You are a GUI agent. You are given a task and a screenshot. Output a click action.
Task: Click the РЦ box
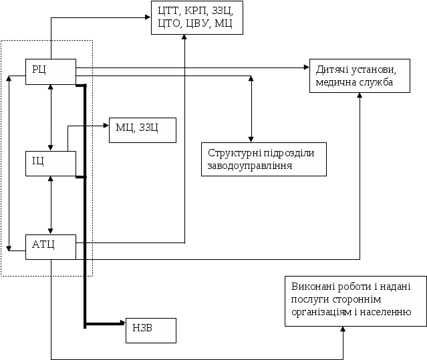[x=50, y=71]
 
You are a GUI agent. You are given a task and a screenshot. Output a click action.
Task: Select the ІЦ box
[x=50, y=164]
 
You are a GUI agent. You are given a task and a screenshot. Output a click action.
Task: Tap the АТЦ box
[x=50, y=247]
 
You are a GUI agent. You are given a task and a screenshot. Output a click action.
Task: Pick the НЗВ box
[x=150, y=330]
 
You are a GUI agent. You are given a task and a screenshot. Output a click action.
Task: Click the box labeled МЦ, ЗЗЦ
[x=142, y=129]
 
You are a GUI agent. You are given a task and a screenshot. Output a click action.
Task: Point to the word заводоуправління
[x=249, y=164]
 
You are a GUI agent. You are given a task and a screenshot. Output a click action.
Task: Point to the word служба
[x=374, y=82]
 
